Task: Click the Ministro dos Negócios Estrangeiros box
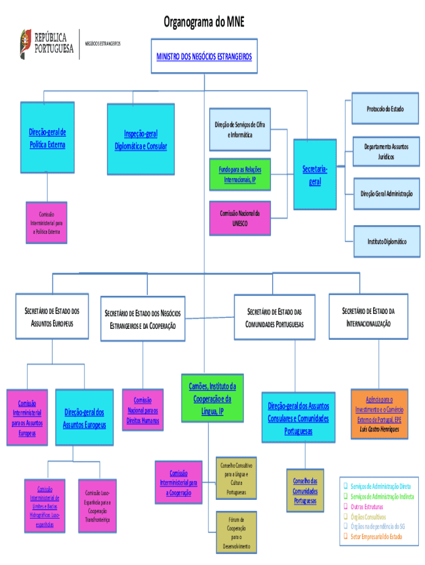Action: [x=204, y=56]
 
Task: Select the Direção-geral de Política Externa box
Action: [x=47, y=138]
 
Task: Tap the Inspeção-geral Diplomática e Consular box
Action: [x=141, y=140]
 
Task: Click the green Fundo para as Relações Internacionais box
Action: [x=240, y=174]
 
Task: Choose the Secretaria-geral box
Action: [x=315, y=174]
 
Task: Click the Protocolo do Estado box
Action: [x=385, y=109]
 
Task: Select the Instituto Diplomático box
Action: [x=387, y=242]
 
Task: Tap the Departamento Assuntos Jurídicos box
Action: [x=386, y=152]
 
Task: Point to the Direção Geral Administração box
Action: [x=386, y=194]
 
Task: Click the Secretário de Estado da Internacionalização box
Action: [x=368, y=317]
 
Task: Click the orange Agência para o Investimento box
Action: [x=379, y=414]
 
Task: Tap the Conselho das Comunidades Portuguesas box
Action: [x=305, y=491]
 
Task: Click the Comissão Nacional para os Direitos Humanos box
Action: [x=142, y=410]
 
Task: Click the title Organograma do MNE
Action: [x=204, y=22]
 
